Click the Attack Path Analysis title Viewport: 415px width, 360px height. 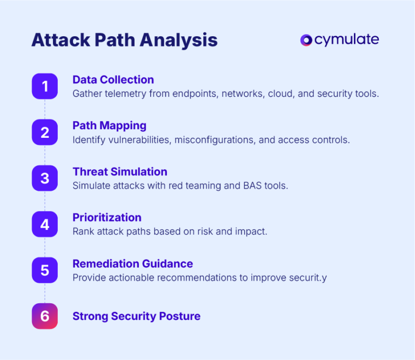[124, 41]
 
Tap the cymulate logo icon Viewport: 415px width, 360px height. [306, 40]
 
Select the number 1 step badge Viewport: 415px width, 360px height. [45, 86]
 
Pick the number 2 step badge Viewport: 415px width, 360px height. [45, 132]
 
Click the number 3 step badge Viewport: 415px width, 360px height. [45, 178]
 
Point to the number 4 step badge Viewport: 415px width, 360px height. [45, 224]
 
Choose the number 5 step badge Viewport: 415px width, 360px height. [45, 270]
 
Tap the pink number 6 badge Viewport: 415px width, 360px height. [45, 316]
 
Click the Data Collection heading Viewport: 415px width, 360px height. [113, 80]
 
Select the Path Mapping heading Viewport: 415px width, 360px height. [109, 126]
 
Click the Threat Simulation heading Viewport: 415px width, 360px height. [119, 172]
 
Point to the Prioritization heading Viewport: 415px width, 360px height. [107, 218]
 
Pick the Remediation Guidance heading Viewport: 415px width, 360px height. [132, 264]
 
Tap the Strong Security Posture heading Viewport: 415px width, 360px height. [136, 316]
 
